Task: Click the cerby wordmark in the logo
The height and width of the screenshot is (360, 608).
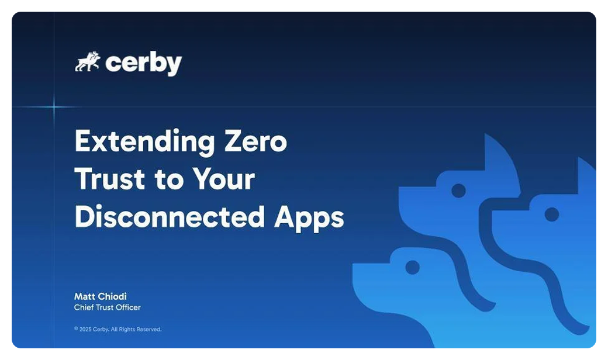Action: pyautogui.click(x=143, y=63)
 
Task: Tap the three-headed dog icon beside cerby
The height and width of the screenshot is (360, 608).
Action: pyautogui.click(x=88, y=61)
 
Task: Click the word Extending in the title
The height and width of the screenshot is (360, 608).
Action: pyautogui.click(x=144, y=142)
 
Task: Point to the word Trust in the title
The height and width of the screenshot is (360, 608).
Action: pyautogui.click(x=110, y=179)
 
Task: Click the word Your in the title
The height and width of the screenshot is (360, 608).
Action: pyautogui.click(x=224, y=179)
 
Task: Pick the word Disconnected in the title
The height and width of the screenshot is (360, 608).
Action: pyautogui.click(x=170, y=216)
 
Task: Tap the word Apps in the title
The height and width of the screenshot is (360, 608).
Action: pyautogui.click(x=309, y=218)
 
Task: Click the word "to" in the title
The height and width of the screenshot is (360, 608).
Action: pyautogui.click(x=169, y=180)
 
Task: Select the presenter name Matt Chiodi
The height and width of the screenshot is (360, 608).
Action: pyautogui.click(x=101, y=296)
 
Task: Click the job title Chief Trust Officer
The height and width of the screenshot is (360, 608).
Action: pyautogui.click(x=108, y=307)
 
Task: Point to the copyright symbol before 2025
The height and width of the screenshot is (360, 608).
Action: pyautogui.click(x=76, y=328)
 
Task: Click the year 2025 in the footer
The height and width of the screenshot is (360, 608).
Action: pyautogui.click(x=85, y=330)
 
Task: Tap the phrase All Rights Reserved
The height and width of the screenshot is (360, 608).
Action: pyautogui.click(x=136, y=330)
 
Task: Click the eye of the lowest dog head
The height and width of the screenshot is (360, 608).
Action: pyautogui.click(x=412, y=267)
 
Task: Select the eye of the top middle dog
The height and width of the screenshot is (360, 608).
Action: pyautogui.click(x=459, y=191)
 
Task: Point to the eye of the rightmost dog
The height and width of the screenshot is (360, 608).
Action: pyautogui.click(x=552, y=214)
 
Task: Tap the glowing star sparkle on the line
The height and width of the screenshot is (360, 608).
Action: pyautogui.click(x=54, y=106)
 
